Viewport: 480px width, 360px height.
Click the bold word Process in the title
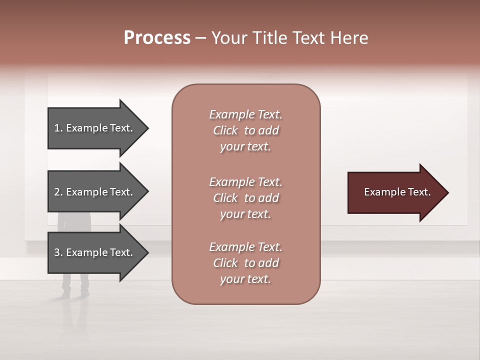tap(157, 38)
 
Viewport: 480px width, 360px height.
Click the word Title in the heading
tap(268, 38)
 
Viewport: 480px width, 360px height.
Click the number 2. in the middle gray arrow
tap(58, 192)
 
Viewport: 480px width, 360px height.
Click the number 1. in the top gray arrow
tap(58, 128)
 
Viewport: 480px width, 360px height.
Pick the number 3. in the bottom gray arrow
tap(58, 252)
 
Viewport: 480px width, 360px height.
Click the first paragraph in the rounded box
tap(245, 130)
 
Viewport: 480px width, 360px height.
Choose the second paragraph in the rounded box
tap(245, 198)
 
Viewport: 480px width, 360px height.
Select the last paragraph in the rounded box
tap(245, 263)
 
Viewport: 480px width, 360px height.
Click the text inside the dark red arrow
tap(397, 192)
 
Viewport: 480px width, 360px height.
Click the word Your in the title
tap(228, 38)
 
